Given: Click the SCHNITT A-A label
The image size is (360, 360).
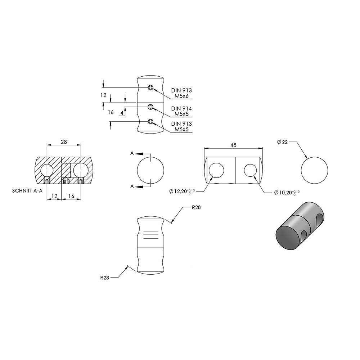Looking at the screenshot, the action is pos(27,191).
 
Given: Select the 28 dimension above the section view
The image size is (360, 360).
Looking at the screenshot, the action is pos(64,142).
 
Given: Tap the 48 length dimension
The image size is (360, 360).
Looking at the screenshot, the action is pos(233,145).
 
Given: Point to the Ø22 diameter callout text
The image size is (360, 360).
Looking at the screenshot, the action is pos(282,142).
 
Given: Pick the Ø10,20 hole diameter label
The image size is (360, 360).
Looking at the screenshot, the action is pos(287,192).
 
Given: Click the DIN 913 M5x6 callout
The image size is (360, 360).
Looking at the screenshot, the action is pos(181,93).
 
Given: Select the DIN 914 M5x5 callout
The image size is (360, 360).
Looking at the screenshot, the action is pos(181,111).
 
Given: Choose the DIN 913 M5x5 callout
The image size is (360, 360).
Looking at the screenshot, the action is pos(181,126).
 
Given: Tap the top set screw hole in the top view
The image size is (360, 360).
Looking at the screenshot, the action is pos(150,87).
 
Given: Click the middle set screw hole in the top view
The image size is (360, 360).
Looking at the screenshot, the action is pos(150,107).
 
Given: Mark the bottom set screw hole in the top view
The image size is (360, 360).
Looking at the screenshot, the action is pos(150,121).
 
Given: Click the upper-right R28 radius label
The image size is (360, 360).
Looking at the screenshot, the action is pos(196,207).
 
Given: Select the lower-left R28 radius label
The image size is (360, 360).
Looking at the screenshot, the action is pos(104,278).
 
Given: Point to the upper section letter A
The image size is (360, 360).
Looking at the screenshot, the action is pos(132,153).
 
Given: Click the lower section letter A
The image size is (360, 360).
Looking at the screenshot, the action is pos(132,186).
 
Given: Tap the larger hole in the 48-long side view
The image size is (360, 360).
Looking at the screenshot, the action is pos(216,170).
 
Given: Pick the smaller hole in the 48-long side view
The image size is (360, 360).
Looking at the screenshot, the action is pos(250,170).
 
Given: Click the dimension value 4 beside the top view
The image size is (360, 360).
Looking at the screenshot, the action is pos(122,113).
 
